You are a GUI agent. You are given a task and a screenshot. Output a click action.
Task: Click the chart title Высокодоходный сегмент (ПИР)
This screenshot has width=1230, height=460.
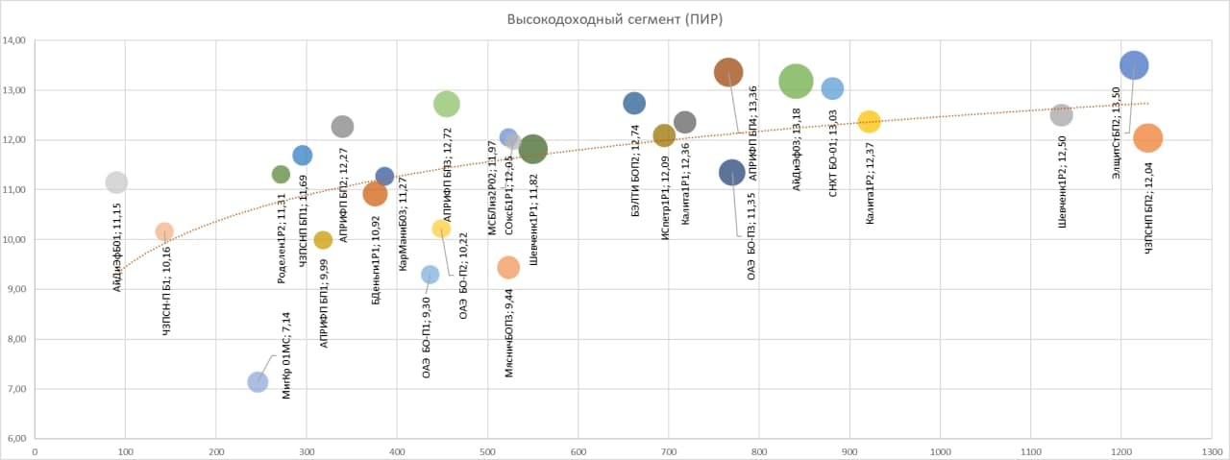click(x=614, y=18)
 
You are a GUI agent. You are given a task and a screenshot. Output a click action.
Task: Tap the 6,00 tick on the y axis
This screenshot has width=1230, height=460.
click(x=16, y=439)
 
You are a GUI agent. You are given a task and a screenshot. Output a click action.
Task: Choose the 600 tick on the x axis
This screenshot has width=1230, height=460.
click(x=578, y=449)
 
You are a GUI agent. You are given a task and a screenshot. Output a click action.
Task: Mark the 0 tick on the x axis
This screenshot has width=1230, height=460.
click(x=35, y=449)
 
